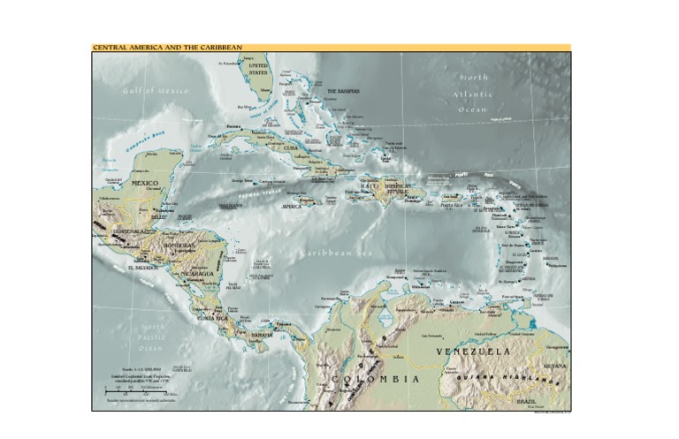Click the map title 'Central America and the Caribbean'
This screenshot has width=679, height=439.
click(167, 48)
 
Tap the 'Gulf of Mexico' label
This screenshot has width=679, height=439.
click(156, 90)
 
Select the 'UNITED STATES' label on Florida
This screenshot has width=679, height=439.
click(258, 70)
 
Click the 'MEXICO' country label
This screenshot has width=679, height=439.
click(145, 183)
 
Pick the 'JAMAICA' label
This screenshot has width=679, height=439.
click(293, 206)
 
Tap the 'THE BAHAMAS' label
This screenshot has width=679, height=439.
click(343, 91)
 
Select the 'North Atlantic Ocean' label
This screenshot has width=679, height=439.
click(473, 94)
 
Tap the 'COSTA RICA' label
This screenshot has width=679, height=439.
click(212, 316)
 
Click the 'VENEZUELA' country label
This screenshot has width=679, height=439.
click(473, 352)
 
